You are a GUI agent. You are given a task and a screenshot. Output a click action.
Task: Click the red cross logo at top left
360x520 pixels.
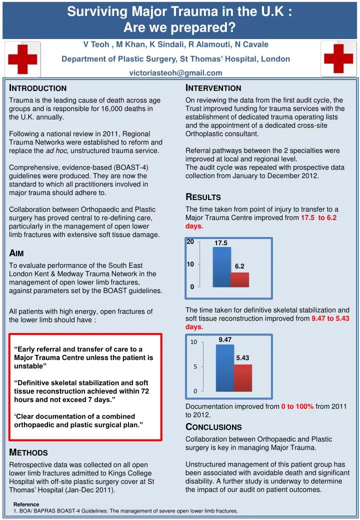point(23,59)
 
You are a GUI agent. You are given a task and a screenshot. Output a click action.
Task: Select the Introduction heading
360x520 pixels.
point(38,88)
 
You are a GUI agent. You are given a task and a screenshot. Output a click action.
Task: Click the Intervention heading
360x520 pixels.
point(213,88)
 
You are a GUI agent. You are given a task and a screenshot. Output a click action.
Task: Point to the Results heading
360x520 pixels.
point(203,197)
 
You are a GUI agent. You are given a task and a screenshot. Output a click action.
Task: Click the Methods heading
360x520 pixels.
point(29,453)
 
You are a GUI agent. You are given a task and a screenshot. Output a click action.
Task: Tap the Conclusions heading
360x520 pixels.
point(213,427)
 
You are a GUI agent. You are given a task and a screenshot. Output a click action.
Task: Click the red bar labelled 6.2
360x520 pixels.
point(240,279)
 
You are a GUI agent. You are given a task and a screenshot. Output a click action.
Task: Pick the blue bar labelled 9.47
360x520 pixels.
point(225,367)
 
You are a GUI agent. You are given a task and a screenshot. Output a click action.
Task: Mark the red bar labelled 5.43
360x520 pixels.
point(243,377)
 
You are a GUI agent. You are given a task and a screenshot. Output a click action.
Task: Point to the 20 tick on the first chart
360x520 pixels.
point(190,242)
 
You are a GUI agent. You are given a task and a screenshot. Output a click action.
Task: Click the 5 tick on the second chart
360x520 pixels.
point(194,366)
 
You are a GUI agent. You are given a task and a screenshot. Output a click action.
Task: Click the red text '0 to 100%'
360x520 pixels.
point(297,406)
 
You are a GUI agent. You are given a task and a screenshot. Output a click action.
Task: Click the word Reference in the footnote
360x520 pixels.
point(26,504)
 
